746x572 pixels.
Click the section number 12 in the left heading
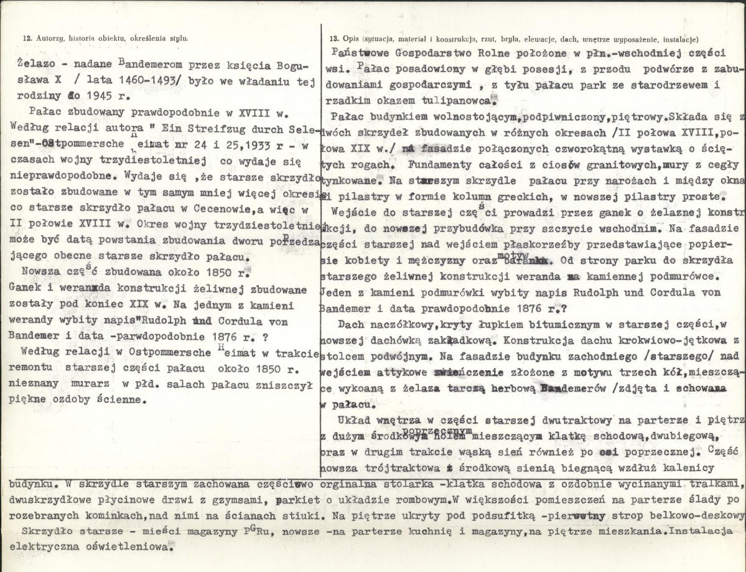(x=26, y=38)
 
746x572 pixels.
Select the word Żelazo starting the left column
(x=37, y=64)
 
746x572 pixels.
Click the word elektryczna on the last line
(x=45, y=548)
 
